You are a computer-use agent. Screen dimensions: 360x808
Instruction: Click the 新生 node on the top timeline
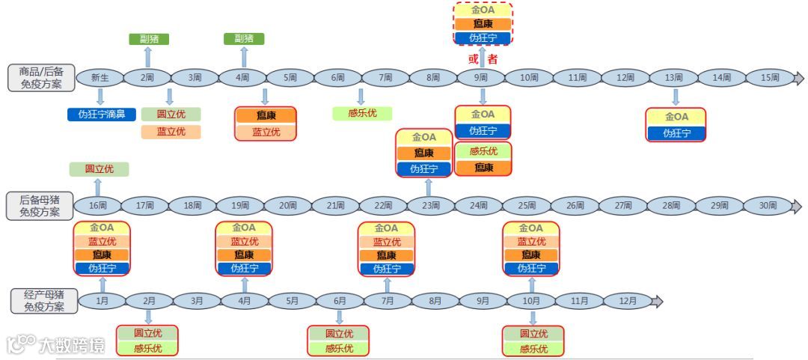click(x=100, y=78)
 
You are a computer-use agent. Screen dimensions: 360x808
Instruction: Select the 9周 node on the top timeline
click(x=482, y=78)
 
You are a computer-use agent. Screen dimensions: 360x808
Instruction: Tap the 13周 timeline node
click(x=673, y=78)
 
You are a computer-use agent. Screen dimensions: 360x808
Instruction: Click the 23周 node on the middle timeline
click(x=430, y=206)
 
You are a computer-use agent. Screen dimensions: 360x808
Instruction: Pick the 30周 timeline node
click(x=767, y=206)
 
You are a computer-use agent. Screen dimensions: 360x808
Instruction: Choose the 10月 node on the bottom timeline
click(x=532, y=302)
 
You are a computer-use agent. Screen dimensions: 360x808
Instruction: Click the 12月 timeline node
click(x=628, y=302)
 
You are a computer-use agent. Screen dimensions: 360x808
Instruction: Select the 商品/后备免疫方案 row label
click(x=42, y=78)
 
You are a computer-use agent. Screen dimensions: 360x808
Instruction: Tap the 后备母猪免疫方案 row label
click(x=42, y=206)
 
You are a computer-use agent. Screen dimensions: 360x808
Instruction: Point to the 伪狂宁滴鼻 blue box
click(x=102, y=115)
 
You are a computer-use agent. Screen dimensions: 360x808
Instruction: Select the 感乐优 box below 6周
click(x=363, y=114)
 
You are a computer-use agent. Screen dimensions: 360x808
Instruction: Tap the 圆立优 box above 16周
click(x=99, y=169)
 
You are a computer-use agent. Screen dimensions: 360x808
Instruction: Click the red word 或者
click(x=483, y=59)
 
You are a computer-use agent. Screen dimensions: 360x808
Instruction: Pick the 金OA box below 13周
click(x=676, y=118)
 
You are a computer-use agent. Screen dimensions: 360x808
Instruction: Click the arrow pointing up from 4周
click(x=244, y=56)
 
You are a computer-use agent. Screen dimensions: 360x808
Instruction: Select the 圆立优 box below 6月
click(x=339, y=334)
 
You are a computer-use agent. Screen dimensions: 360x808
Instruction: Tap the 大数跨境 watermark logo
click(x=56, y=345)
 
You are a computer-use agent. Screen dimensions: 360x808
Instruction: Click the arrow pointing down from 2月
click(x=149, y=317)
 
